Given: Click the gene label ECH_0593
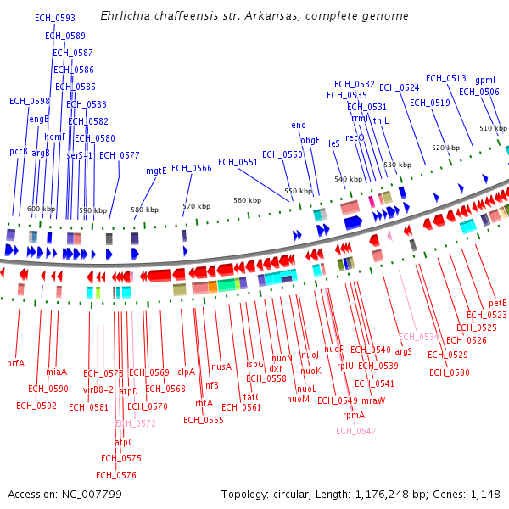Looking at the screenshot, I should pos(55,18).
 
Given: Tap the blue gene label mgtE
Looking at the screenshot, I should pos(156,171).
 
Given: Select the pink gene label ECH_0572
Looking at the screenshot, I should pos(136,422).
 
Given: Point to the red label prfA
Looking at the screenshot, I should pos(15,363).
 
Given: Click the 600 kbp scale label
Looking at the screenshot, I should pos(41,209).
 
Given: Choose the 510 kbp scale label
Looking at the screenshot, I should pos(493,129).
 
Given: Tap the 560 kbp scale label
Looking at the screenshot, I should pos(248,200).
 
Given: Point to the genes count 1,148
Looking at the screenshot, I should pos(486,494).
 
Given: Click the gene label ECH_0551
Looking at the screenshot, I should pos(238,162).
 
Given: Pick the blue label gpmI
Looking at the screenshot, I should pos(485,80).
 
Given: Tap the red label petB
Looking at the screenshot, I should pos(498,303).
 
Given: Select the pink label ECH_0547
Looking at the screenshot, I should pos(355,431).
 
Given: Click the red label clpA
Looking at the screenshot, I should pos(186,372).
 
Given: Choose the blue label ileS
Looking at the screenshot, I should pos(333,144).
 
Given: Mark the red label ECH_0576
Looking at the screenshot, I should pos(116,475).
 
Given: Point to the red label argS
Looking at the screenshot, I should pos(403,350).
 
